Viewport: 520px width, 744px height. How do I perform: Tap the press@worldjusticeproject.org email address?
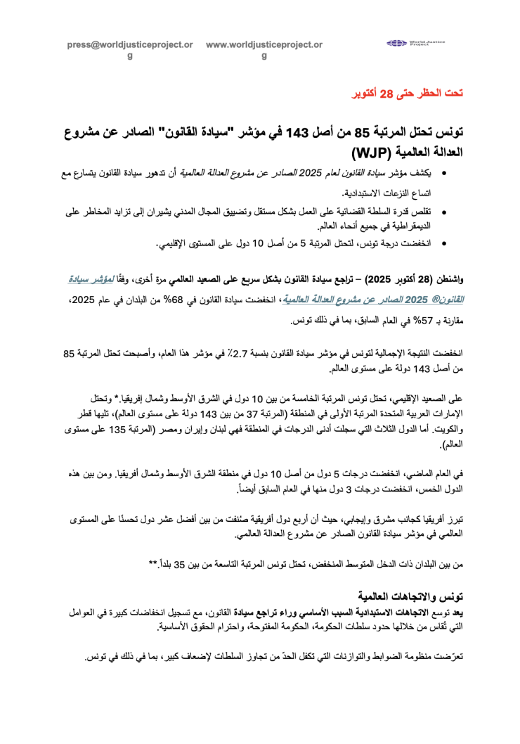(x=130, y=44)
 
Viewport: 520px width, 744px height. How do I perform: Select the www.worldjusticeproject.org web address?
(x=264, y=44)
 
